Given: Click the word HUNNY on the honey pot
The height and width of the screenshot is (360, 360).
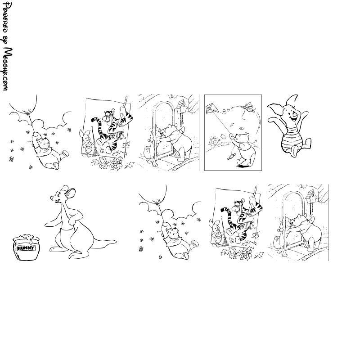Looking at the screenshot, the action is coord(26,248).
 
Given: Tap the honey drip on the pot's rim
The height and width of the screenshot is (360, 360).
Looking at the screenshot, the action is coord(30,239).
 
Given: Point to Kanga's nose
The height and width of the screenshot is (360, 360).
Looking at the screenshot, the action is coord(51,197).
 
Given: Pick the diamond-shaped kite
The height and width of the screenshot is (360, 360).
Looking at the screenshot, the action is coord(211,109).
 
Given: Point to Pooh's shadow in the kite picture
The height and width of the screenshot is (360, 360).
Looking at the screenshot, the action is coord(243,166).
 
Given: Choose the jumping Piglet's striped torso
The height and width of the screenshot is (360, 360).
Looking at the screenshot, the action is coord(290,139).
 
